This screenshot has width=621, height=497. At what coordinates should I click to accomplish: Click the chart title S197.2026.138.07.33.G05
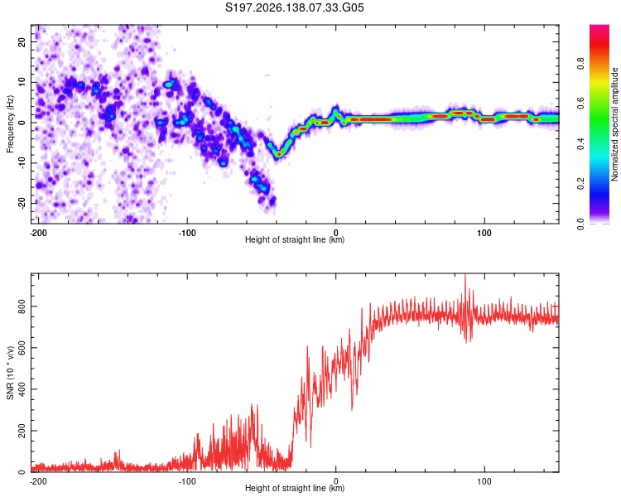tap(294, 7)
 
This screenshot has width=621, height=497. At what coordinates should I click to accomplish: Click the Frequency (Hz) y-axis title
tap(10, 124)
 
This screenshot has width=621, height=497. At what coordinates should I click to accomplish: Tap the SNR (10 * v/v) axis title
tap(10, 373)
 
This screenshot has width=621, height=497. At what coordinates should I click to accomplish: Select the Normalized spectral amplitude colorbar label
tap(614, 124)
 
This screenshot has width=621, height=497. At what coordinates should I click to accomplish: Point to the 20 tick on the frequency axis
tap(22, 41)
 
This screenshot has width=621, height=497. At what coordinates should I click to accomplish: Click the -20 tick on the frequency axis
tap(22, 203)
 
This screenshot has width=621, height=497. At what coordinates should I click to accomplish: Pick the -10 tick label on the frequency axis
tap(22, 163)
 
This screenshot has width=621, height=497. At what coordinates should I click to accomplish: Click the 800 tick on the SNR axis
tap(22, 306)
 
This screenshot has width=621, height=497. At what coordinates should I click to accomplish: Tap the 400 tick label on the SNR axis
tap(22, 389)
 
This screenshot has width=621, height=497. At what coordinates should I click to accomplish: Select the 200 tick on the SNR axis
tap(22, 431)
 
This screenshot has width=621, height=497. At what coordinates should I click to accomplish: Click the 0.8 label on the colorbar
tap(580, 64)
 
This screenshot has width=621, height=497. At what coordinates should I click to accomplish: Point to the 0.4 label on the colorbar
tap(580, 144)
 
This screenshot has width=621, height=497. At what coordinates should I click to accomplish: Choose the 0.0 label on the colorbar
tap(580, 224)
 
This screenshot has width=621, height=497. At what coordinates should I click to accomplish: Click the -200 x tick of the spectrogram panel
tap(38, 233)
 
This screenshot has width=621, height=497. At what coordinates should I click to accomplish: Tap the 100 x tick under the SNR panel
tap(484, 481)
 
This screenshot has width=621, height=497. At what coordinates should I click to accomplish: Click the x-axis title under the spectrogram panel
tap(295, 239)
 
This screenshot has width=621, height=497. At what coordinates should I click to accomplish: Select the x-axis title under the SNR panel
tap(295, 488)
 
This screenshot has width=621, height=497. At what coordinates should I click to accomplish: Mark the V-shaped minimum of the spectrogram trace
tap(279, 154)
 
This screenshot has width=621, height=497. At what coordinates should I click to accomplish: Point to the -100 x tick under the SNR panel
tap(187, 481)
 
